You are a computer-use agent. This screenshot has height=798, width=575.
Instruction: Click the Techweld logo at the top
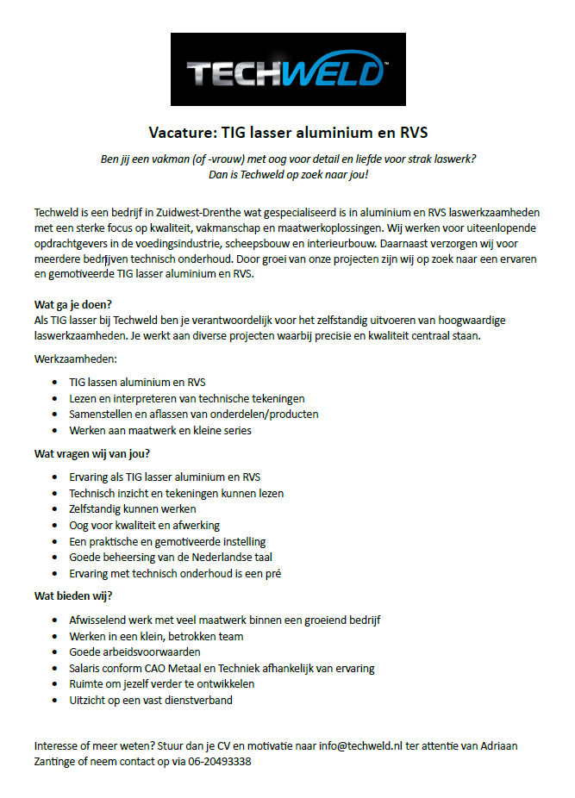[x=288, y=69]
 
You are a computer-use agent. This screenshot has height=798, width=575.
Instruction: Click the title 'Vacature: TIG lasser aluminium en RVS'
[x=288, y=133]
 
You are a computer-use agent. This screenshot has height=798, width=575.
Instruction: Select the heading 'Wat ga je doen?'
[x=73, y=304]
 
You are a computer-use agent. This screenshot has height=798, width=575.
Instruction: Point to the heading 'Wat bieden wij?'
[x=73, y=595]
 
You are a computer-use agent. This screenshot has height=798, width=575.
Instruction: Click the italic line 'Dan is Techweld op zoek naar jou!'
[x=288, y=175]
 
